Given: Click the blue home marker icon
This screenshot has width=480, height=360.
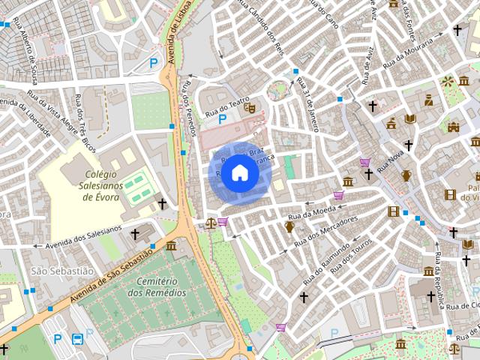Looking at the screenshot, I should click(x=239, y=173).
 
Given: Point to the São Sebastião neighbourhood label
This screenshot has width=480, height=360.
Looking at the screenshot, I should click(x=62, y=270).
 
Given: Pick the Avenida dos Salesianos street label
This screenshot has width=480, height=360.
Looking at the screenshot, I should click(x=83, y=238).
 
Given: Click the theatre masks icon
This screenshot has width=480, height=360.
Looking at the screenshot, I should click(x=250, y=108).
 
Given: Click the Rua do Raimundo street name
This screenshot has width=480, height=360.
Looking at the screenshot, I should click(x=326, y=262).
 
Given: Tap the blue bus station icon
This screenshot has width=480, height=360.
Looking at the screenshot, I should click(x=77, y=339).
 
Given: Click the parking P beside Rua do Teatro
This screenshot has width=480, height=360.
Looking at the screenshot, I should click(x=222, y=119).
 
